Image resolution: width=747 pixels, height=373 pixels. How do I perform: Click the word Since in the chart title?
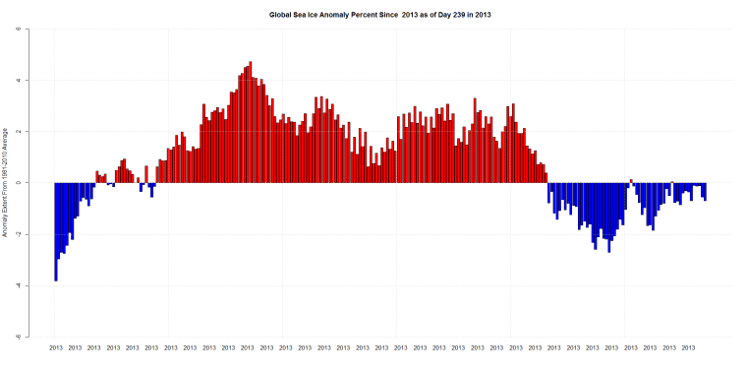[x=404, y=14]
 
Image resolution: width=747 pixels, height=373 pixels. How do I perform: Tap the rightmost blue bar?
[x=705, y=191]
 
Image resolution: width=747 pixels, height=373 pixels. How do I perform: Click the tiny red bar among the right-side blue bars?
[x=631, y=181]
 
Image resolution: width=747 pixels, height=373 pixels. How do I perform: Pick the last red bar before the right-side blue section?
[x=546, y=177]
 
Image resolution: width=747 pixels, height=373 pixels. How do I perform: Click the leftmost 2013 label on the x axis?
[x=55, y=347]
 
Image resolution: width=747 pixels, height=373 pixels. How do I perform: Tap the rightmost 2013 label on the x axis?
[x=689, y=347]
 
